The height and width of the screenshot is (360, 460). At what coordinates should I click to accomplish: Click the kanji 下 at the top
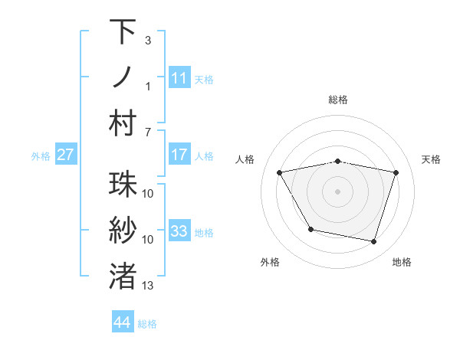(x=123, y=32)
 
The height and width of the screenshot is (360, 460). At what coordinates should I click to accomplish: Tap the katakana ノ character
(x=123, y=77)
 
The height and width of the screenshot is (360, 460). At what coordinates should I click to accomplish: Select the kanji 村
(x=123, y=122)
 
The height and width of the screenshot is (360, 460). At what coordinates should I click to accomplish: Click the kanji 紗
(x=123, y=230)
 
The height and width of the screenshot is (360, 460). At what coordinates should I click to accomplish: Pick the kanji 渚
(x=123, y=275)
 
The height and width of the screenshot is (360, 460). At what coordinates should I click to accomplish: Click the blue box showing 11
(x=179, y=77)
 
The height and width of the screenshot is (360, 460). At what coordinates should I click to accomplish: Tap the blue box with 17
(x=179, y=155)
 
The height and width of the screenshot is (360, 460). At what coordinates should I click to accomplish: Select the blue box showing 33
(x=179, y=231)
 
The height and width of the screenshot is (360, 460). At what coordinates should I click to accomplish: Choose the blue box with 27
(x=66, y=155)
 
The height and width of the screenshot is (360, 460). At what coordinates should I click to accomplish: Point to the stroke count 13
(x=148, y=286)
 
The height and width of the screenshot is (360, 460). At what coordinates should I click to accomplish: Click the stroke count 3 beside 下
(x=147, y=39)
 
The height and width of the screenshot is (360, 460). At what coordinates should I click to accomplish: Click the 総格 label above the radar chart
(x=338, y=100)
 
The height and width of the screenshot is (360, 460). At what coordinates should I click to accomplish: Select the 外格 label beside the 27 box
(x=41, y=156)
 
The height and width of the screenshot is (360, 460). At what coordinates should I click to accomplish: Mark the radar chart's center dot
(x=338, y=191)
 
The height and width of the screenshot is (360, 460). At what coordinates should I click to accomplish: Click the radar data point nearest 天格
(x=396, y=173)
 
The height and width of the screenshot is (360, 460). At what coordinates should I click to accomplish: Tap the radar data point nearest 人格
(x=280, y=172)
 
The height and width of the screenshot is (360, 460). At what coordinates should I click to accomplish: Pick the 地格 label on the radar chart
(x=402, y=262)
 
